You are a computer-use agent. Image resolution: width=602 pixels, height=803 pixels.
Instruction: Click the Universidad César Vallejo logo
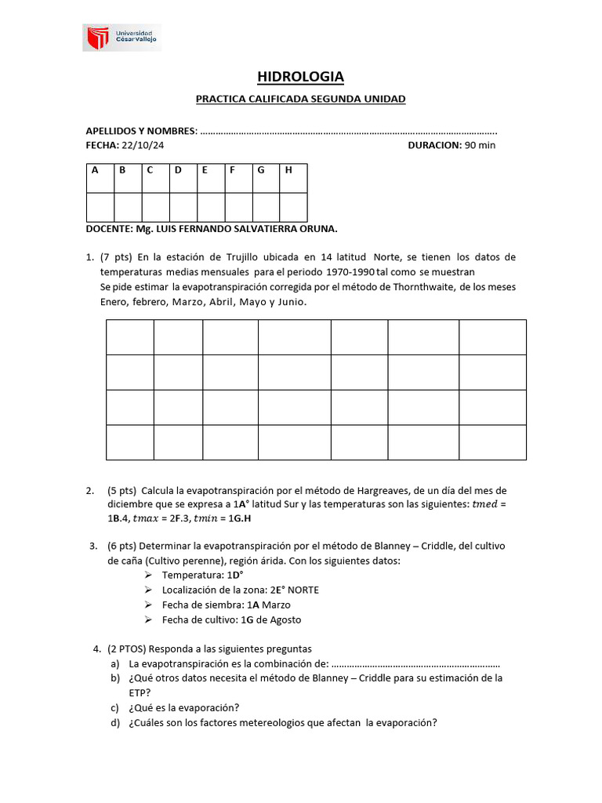point(122,37)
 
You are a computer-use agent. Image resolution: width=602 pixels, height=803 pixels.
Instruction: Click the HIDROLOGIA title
point(300,76)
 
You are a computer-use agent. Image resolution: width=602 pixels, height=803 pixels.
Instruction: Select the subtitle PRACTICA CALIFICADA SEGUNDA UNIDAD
point(300,99)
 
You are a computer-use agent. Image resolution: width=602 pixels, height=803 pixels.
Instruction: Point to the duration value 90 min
point(480,145)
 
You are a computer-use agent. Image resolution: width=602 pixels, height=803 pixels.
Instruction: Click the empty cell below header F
point(238,207)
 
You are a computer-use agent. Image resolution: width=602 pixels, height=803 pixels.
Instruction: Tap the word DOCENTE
point(108,229)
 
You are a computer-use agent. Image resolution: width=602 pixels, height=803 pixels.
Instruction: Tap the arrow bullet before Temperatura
point(149,575)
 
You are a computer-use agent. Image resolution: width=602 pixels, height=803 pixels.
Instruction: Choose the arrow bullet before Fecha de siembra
point(149,605)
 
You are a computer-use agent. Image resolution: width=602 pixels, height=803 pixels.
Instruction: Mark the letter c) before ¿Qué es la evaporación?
point(114,707)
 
